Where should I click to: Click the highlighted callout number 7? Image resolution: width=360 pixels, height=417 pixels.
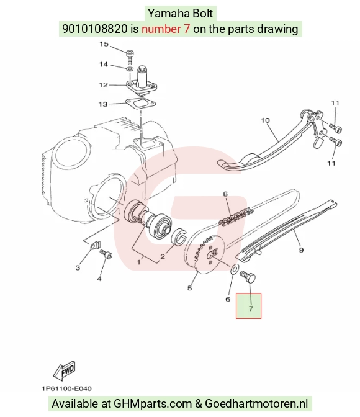click(251, 308)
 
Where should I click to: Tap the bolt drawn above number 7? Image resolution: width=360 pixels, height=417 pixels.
click(248, 276)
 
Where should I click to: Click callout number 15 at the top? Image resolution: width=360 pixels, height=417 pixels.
click(104, 44)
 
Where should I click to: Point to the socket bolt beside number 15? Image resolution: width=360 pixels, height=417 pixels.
click(130, 56)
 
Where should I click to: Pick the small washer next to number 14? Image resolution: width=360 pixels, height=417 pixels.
click(130, 69)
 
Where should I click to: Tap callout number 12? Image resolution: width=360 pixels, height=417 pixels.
click(104, 85)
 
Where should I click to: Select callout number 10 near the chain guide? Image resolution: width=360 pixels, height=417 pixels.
click(265, 120)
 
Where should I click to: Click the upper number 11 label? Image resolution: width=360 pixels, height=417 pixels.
click(335, 103)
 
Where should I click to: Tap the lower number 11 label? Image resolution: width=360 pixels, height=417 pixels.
click(331, 163)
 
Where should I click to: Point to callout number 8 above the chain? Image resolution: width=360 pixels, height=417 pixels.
click(225, 194)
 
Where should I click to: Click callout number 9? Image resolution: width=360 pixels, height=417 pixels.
click(301, 250)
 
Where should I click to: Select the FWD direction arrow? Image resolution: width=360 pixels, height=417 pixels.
click(65, 370)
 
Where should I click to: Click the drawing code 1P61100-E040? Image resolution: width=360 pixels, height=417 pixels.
click(67, 388)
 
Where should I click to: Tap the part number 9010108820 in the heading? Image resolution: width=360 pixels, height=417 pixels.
click(95, 29)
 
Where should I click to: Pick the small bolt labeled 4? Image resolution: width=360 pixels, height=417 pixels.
click(106, 254)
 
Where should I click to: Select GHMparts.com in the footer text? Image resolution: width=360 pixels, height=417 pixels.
click(153, 404)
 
